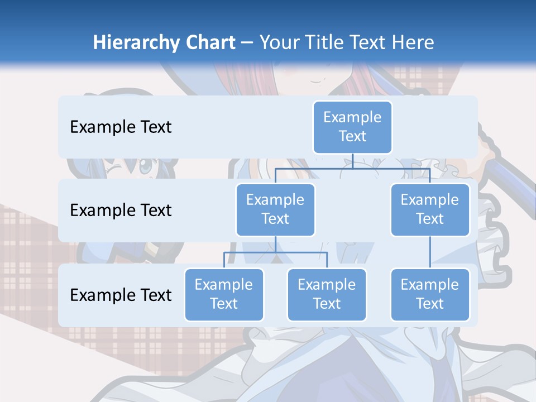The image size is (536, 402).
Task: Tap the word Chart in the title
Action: (x=208, y=43)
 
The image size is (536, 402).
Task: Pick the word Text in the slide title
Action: (x=370, y=43)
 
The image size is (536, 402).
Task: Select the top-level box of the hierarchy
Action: (x=352, y=127)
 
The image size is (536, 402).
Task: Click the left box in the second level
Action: (x=275, y=209)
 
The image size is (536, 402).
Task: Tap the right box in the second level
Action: (x=430, y=209)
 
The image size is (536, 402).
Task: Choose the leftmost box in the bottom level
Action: (x=224, y=294)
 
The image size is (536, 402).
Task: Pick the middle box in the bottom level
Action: (x=327, y=294)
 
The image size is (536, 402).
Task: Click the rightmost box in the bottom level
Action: (x=430, y=294)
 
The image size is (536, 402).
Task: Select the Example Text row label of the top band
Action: (x=121, y=127)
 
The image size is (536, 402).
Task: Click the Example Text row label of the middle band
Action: (x=121, y=210)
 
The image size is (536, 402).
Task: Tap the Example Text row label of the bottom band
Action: (x=121, y=295)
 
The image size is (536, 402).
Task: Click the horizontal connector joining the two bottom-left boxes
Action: (x=251, y=252)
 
